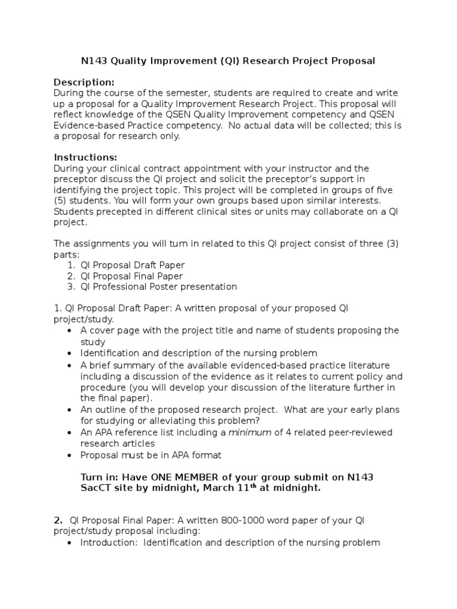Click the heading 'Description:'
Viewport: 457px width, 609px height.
[84, 81]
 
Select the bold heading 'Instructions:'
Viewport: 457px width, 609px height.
[86, 157]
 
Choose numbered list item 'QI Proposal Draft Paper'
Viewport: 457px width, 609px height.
[133, 265]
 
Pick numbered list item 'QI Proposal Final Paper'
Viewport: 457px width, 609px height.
[132, 276]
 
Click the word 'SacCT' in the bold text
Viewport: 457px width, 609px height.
[96, 488]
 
